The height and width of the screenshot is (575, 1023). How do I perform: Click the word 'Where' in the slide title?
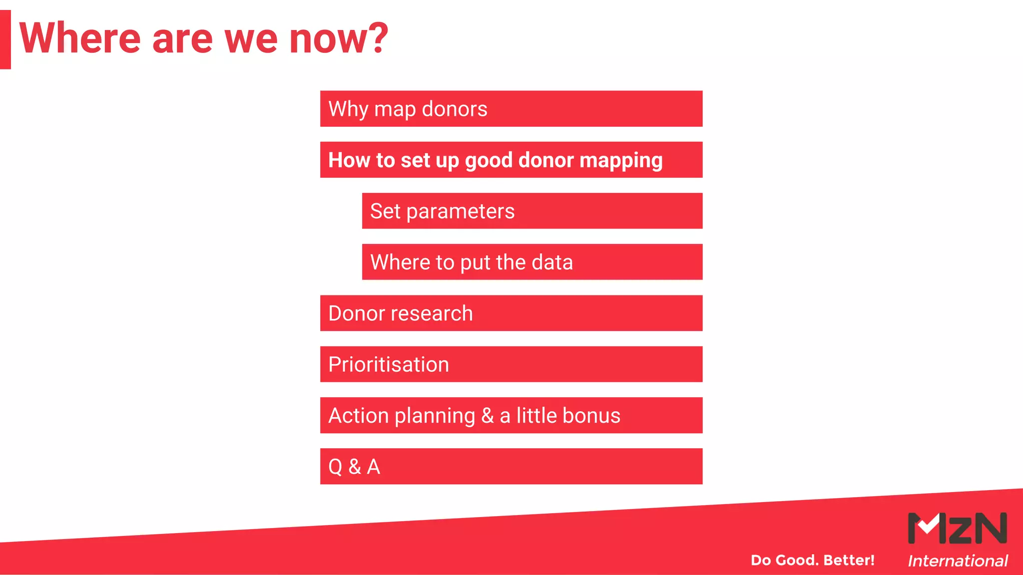pyautogui.click(x=80, y=38)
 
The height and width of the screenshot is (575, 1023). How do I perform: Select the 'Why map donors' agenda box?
pyautogui.click(x=511, y=109)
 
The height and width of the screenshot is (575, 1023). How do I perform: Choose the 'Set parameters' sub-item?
pyautogui.click(x=532, y=211)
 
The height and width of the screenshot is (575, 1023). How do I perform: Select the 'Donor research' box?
pyautogui.click(x=511, y=313)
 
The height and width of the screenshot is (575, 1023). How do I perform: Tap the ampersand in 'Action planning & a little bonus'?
pyautogui.click(x=487, y=416)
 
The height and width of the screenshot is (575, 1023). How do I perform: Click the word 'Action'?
pyautogui.click(x=359, y=416)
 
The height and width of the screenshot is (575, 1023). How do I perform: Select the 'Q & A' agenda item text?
pyautogui.click(x=354, y=467)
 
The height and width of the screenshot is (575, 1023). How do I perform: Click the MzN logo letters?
pyautogui.click(x=957, y=528)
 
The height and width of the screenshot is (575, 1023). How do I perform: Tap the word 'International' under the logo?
pyautogui.click(x=957, y=561)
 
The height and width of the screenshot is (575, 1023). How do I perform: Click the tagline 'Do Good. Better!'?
pyautogui.click(x=812, y=560)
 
